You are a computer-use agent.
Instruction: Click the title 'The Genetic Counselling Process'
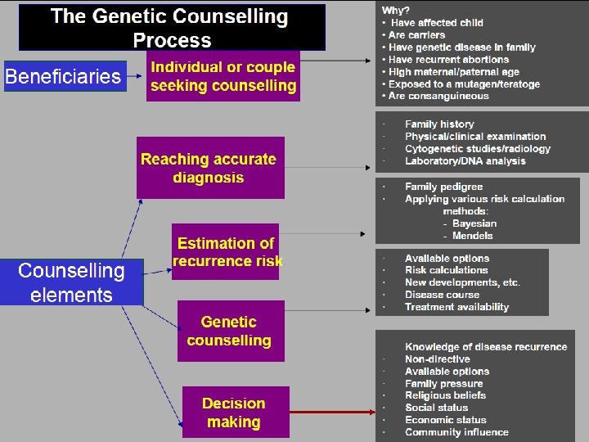[170, 28]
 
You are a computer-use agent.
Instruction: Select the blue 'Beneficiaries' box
[64, 77]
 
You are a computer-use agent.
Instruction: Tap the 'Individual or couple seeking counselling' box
[223, 76]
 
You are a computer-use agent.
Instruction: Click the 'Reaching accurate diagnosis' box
[209, 168]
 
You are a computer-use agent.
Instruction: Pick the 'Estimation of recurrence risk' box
[225, 252]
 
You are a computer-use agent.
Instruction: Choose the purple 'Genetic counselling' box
[230, 331]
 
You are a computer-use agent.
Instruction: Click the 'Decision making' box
[235, 413]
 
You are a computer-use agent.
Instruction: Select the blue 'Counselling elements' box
[72, 282]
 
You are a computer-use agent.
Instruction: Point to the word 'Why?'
[395, 10]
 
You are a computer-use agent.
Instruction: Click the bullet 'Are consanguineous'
[438, 96]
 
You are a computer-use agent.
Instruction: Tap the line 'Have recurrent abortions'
[448, 60]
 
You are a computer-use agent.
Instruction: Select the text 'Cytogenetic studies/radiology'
[477, 149]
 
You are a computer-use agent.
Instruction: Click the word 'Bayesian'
[474, 223]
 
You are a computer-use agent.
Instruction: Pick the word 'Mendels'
[472, 236]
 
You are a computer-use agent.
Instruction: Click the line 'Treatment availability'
[456, 307]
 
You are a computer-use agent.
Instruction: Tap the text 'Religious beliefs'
[445, 395]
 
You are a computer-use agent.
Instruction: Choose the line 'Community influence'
[456, 432]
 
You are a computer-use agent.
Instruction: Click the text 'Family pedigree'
[443, 187]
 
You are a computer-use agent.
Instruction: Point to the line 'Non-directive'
[437, 359]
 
